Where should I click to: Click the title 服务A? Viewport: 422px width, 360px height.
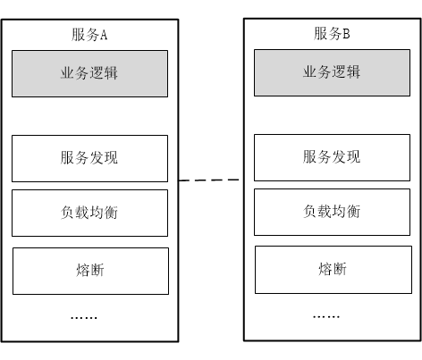point(89,35)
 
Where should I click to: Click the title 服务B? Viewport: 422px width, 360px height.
point(332,33)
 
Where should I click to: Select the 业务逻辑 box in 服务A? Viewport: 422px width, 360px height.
point(89,73)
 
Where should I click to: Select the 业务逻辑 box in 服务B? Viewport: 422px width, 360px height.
point(332,72)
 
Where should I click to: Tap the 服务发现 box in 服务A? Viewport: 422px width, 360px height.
point(89,158)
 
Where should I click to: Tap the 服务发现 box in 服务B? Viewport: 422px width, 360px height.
point(332,157)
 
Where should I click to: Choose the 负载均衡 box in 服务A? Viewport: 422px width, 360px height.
point(89,213)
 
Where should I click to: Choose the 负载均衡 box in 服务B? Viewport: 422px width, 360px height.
point(332,212)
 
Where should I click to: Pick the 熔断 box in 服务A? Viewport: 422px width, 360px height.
point(90,271)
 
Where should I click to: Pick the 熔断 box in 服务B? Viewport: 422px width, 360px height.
point(333,270)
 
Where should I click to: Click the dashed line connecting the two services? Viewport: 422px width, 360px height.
point(209,180)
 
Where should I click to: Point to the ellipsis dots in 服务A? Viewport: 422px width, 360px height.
point(84,318)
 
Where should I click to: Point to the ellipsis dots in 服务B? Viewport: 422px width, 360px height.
point(326,317)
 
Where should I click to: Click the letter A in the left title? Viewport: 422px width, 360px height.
point(104,35)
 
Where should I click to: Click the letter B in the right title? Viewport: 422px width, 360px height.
point(346,34)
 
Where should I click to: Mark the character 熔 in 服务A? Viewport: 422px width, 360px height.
point(83,270)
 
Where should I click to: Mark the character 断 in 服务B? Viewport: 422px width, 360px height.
point(340,269)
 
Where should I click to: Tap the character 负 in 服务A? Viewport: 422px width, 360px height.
point(67,213)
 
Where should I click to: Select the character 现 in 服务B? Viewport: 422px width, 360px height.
point(354,156)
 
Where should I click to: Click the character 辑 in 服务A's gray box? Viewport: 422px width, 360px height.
point(111,73)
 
